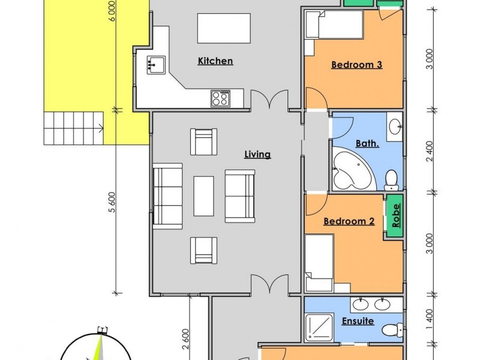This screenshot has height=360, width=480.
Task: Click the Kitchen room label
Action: point(215,61)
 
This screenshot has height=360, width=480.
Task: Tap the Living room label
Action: point(257,154)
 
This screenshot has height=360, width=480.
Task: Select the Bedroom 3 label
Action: point(356,65)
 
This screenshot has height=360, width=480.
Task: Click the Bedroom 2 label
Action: point(349,221)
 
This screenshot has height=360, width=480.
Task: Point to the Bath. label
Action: point(367,143)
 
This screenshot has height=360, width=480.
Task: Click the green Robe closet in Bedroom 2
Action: point(395,215)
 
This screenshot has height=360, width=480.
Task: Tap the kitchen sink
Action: point(155,63)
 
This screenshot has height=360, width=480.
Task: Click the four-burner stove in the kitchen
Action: point(220,98)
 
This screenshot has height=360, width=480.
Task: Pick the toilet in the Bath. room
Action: point(391,179)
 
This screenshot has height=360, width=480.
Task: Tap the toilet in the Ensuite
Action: point(391,329)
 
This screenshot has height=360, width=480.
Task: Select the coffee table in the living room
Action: point(203,196)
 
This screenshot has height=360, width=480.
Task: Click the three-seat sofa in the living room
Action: point(168,196)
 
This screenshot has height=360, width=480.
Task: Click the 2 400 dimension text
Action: point(428,150)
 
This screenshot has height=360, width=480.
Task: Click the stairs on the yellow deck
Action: point(72,128)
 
